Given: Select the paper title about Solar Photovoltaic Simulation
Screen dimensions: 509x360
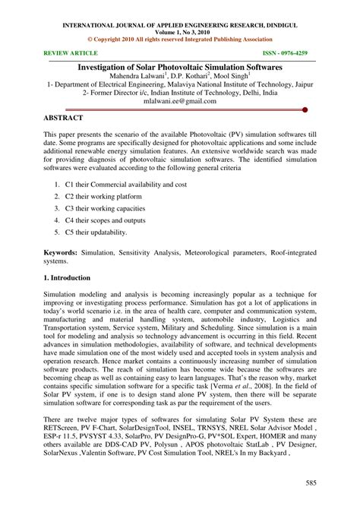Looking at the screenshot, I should pyautogui.click(x=180, y=68).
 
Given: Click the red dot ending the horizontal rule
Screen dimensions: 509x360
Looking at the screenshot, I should pyautogui.click(x=305, y=109).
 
